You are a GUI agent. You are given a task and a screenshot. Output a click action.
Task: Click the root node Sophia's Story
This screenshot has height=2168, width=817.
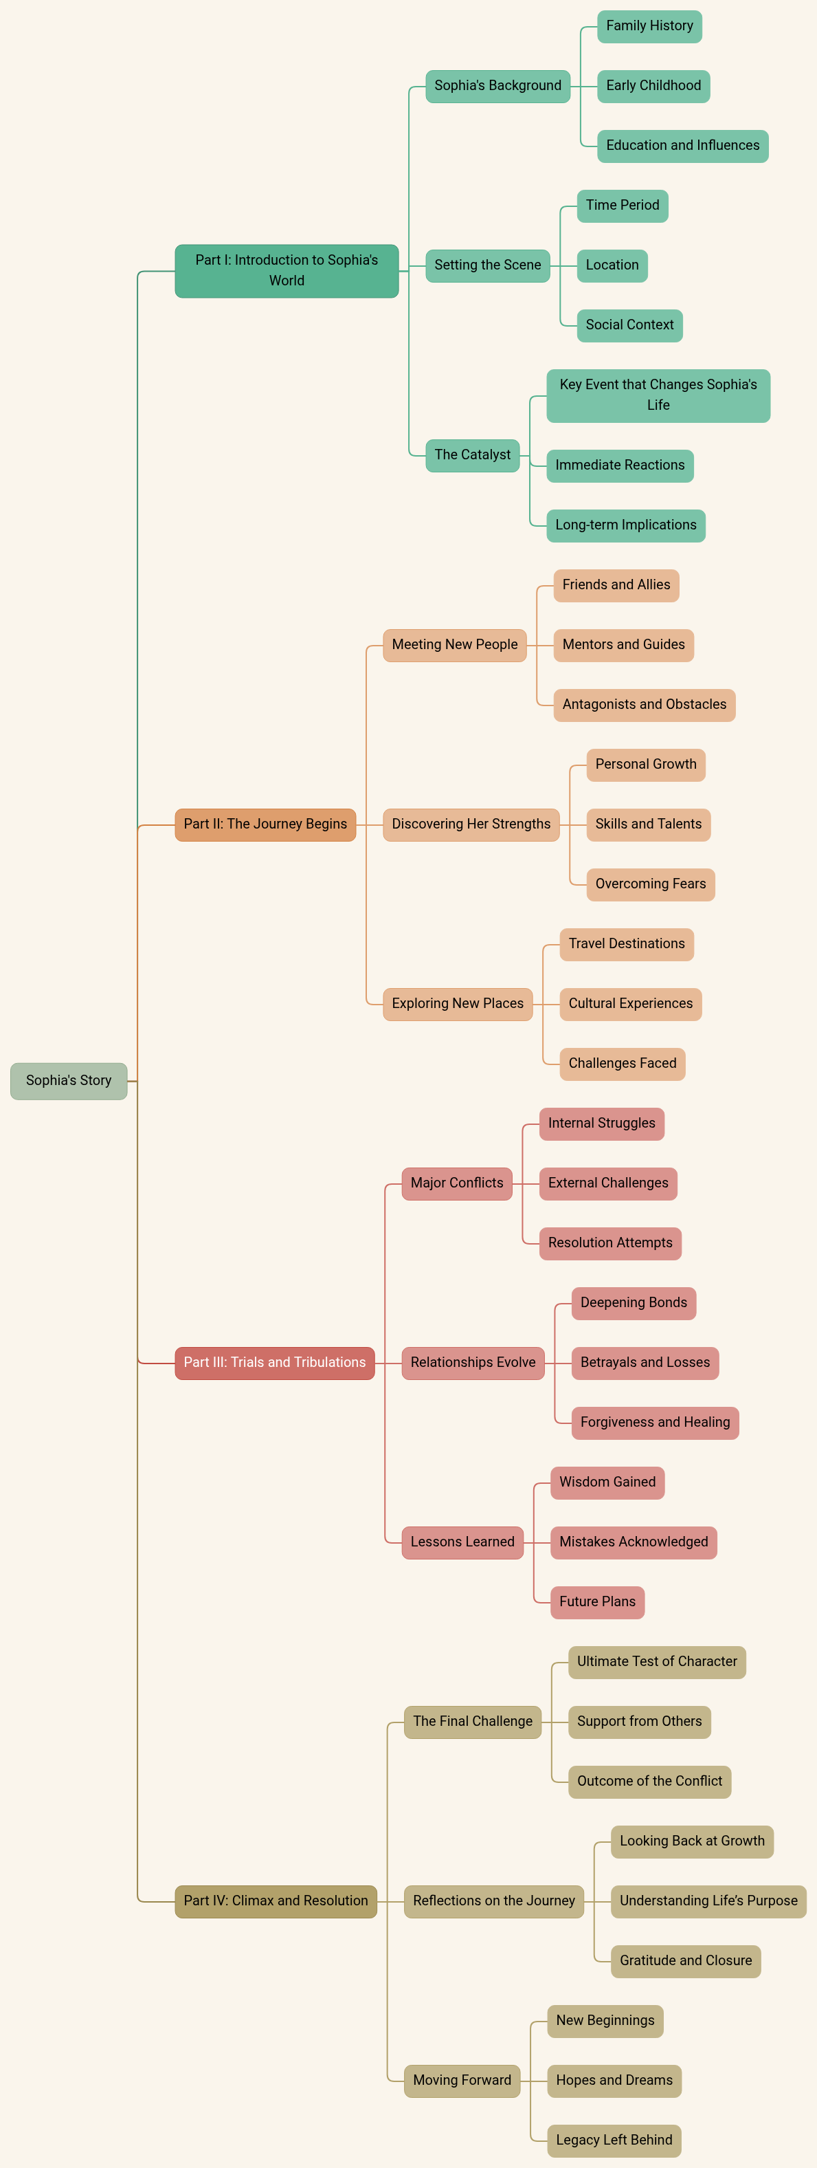pyautogui.click(x=68, y=1081)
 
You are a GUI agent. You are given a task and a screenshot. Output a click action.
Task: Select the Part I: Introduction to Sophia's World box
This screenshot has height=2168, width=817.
pyautogui.click(x=286, y=270)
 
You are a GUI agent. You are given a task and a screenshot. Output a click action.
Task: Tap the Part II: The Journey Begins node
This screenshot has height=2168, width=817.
pyautogui.click(x=265, y=824)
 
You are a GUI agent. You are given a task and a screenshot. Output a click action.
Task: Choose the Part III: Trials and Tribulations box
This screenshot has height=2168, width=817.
pyautogui.click(x=274, y=1363)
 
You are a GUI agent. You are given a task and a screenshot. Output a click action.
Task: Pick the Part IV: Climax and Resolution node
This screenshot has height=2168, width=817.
pyautogui.click(x=275, y=1901)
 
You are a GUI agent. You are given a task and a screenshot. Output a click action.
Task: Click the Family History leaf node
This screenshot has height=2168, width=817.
pyautogui.click(x=649, y=26)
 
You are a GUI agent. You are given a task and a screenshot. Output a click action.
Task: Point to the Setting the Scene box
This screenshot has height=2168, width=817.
pyautogui.click(x=487, y=265)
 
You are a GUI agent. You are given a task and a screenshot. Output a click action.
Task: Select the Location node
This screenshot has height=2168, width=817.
pyautogui.click(x=612, y=265)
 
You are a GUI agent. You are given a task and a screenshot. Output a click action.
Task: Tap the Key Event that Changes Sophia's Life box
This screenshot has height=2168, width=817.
pyautogui.click(x=658, y=395)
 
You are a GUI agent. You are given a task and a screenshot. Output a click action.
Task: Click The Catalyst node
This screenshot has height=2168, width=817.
pyautogui.click(x=472, y=455)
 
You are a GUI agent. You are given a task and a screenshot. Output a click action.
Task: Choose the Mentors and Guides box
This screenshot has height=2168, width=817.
pyautogui.click(x=623, y=645)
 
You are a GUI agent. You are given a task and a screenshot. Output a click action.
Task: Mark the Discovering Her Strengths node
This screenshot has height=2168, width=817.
pyautogui.click(x=471, y=824)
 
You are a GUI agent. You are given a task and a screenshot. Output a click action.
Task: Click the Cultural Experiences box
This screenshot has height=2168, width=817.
pyautogui.click(x=630, y=1003)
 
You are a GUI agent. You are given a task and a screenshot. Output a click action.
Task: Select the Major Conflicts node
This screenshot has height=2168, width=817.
pyautogui.click(x=456, y=1183)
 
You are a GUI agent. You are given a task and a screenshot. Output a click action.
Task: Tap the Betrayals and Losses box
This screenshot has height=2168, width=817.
pyautogui.click(x=645, y=1363)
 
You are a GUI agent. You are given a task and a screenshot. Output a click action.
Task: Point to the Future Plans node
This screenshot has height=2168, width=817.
pyautogui.click(x=597, y=1601)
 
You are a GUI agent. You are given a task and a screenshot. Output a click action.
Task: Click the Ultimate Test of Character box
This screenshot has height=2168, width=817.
pyautogui.click(x=656, y=1661)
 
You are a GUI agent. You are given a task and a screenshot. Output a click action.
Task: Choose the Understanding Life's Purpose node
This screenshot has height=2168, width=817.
pyautogui.click(x=708, y=1901)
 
